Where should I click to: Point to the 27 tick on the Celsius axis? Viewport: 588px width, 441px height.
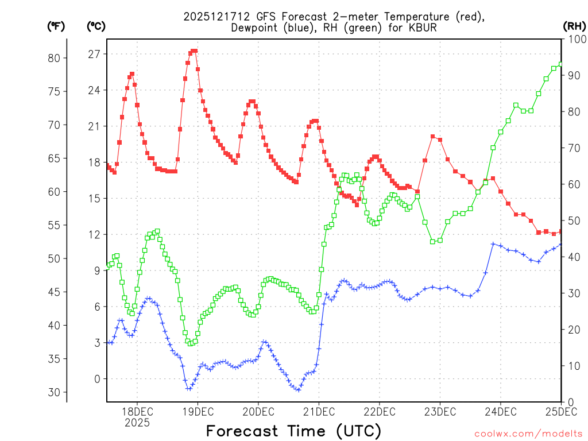click(x=94, y=54)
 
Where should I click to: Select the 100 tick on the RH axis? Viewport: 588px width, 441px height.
click(x=575, y=39)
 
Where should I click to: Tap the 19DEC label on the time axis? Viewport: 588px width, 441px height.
click(x=198, y=412)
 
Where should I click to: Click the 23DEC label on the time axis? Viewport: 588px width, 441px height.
click(x=440, y=412)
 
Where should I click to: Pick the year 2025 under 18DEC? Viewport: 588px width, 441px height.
click(x=137, y=423)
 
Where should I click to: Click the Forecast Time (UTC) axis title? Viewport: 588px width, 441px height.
click(x=293, y=431)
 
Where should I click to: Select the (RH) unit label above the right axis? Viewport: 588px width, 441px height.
click(x=574, y=26)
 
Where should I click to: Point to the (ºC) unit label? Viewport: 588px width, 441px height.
click(x=96, y=26)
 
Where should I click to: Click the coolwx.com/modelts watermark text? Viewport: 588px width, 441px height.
click(x=528, y=434)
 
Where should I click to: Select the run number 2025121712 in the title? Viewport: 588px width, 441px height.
click(x=214, y=17)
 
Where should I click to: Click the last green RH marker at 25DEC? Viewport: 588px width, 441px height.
click(x=561, y=64)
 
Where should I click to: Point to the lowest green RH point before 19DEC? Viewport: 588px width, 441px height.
click(x=190, y=343)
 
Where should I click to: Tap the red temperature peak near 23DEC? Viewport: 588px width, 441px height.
click(x=433, y=136)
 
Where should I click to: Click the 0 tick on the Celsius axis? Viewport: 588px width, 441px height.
click(x=96, y=379)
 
